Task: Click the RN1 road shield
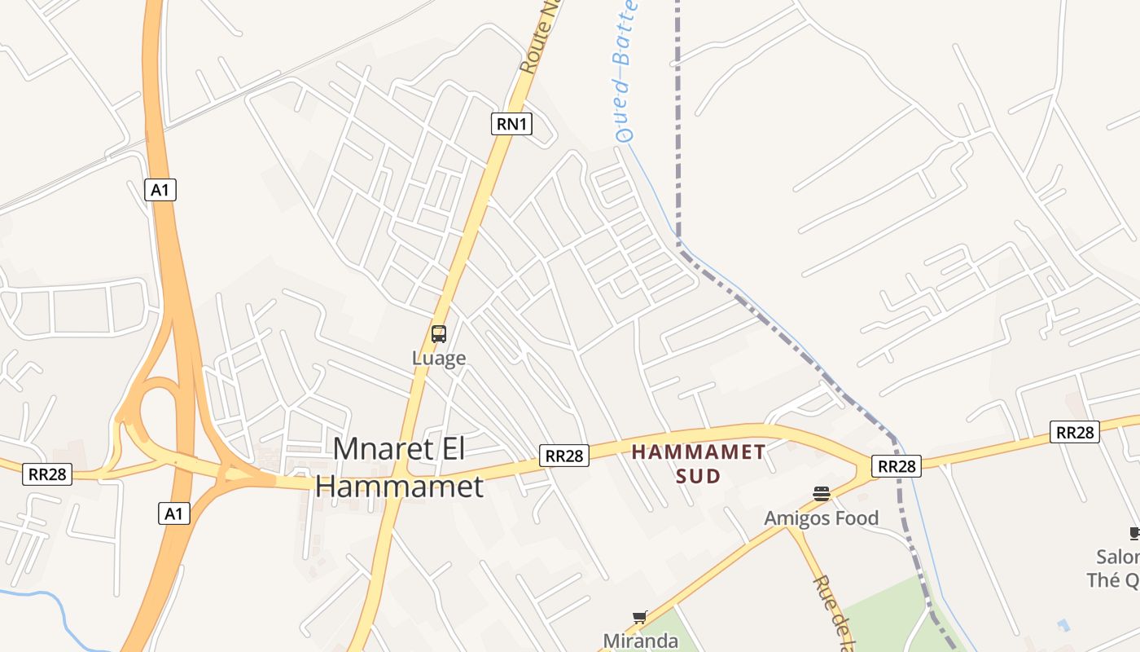pyautogui.click(x=512, y=124)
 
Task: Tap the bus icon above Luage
pyautogui.click(x=439, y=334)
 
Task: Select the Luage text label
pyautogui.click(x=439, y=358)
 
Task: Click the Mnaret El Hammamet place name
pyautogui.click(x=399, y=467)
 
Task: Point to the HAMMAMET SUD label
pyautogui.click(x=699, y=463)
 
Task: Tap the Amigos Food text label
pyautogui.click(x=821, y=518)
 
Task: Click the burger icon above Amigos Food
pyautogui.click(x=821, y=493)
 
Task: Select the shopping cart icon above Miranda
pyautogui.click(x=639, y=618)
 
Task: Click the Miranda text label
pyautogui.click(x=640, y=641)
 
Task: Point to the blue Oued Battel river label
pyautogui.click(x=624, y=73)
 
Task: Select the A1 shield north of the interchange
pyautogui.click(x=160, y=190)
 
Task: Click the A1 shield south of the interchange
pyautogui.click(x=173, y=513)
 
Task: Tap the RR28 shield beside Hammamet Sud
pyautogui.click(x=564, y=456)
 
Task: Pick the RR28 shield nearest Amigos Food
pyautogui.click(x=896, y=466)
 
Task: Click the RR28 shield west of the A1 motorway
pyautogui.click(x=48, y=474)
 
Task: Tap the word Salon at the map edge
pyautogui.click(x=1118, y=557)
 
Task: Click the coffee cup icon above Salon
pyautogui.click(x=1134, y=534)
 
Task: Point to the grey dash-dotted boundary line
pyautogui.click(x=677, y=122)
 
